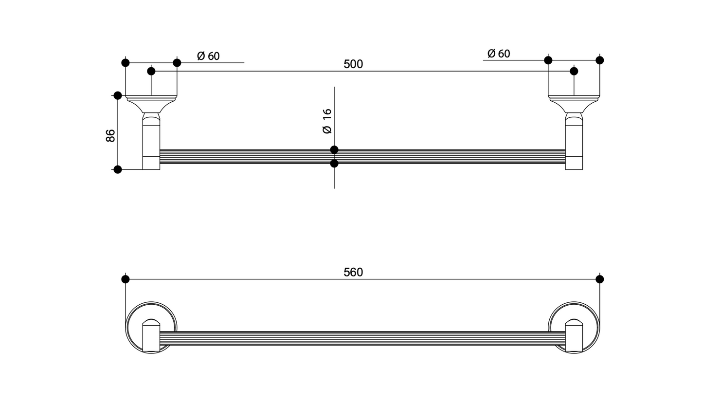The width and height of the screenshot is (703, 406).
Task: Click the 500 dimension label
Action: (x=353, y=64)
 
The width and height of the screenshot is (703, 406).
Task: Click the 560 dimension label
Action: (x=353, y=273)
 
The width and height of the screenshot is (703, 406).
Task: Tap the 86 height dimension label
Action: (x=110, y=135)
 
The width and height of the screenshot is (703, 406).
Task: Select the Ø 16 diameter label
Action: (x=327, y=121)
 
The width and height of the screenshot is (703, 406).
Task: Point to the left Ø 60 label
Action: (x=208, y=56)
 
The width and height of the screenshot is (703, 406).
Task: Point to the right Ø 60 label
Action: (x=499, y=54)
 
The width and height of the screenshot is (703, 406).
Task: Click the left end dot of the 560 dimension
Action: (x=126, y=279)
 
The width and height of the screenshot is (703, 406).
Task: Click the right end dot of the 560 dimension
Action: (x=599, y=279)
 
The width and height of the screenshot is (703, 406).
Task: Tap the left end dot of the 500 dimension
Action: (x=151, y=71)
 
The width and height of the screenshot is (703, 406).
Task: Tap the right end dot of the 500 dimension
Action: (x=574, y=71)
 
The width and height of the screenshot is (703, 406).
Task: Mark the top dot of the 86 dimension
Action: (x=118, y=95)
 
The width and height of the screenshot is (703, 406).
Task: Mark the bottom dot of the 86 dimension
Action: (x=118, y=169)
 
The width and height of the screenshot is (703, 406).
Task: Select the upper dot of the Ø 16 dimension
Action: (x=334, y=149)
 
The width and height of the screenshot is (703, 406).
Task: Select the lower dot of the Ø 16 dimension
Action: (x=334, y=164)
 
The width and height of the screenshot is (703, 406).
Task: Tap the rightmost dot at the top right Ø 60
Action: (x=599, y=60)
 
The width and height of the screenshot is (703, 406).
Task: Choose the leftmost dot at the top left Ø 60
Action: (x=126, y=63)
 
